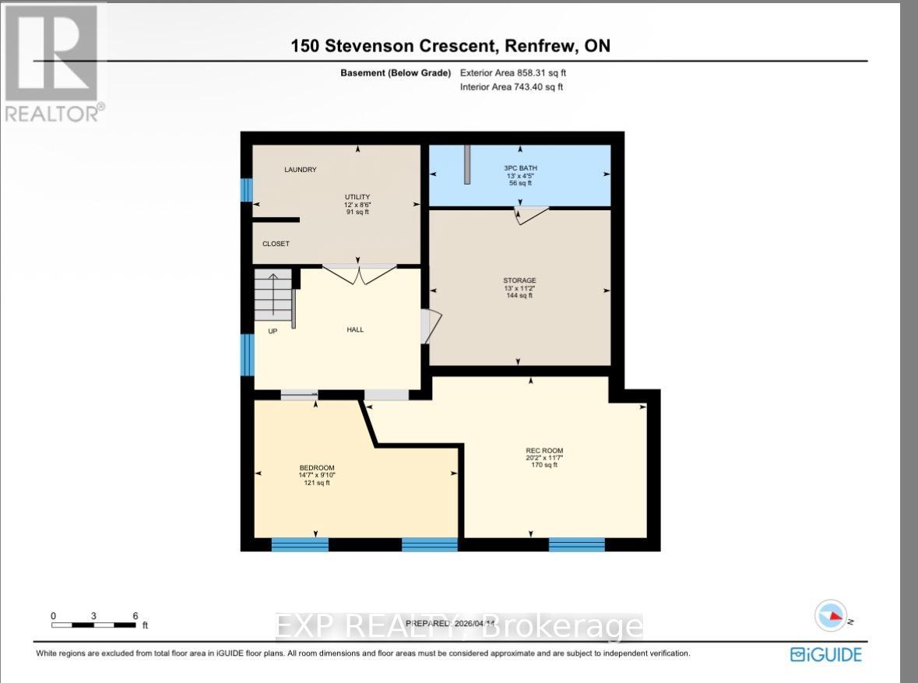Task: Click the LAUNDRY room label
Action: pos(301,170)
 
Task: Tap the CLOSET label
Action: pos(276,244)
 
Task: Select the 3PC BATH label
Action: pos(519,168)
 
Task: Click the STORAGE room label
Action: pos(519,280)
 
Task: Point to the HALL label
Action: pos(355,329)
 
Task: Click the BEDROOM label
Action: pos(316,467)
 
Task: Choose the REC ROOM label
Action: pos(544,451)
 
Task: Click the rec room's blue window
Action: pos(576,544)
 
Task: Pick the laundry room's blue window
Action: pos(247,190)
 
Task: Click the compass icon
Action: pos(831,616)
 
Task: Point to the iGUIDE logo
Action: pos(826,654)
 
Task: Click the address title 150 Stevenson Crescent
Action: pos(450,46)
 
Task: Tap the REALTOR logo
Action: pos(52,62)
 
